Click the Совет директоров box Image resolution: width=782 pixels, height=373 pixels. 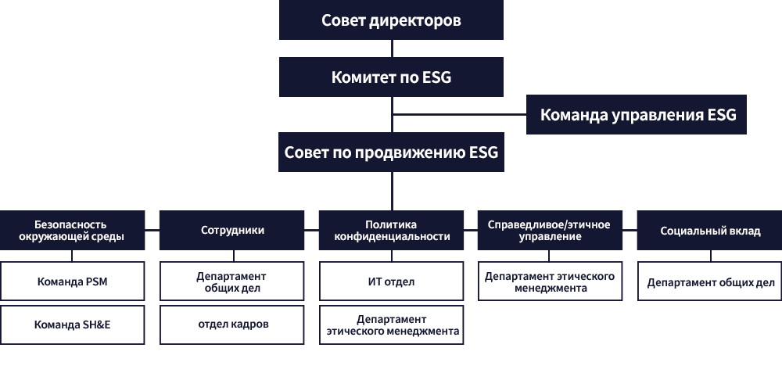[391, 20]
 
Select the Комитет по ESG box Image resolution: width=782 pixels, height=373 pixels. [391, 77]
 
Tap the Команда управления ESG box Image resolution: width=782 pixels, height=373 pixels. [637, 115]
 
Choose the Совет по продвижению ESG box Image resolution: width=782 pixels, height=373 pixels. [391, 152]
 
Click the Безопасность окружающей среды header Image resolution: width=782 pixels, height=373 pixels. [72, 231]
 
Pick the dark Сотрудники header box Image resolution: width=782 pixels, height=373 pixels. [232, 231]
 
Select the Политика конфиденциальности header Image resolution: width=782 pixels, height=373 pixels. [392, 231]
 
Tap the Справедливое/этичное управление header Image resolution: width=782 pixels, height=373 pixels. [550, 231]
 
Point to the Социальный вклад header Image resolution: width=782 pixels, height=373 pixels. [710, 231]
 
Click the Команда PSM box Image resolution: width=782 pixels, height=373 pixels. [72, 282]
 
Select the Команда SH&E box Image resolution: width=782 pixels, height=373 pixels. [72, 325]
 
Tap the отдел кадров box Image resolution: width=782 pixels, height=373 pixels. [232, 325]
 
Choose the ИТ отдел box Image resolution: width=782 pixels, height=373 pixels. [392, 282]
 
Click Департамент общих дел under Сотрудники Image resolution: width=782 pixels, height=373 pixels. [232, 282]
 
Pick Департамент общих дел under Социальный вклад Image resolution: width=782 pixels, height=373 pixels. [710, 282]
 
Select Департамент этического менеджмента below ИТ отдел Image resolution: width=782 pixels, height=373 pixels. [392, 325]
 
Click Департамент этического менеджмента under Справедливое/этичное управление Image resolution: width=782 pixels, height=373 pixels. [550, 282]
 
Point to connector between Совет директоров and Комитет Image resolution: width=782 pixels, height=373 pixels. [392, 48]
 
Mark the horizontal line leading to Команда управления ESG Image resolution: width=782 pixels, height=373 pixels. [459, 115]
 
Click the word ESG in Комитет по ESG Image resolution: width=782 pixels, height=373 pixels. [437, 77]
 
